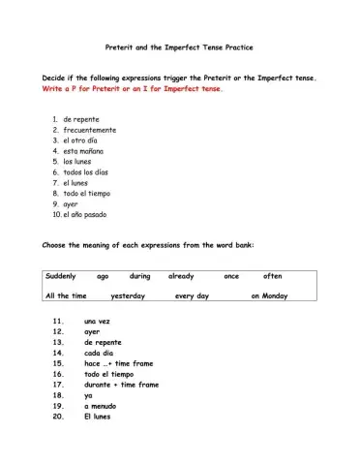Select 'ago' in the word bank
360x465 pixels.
click(x=103, y=276)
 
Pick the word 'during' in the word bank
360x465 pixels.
click(x=140, y=276)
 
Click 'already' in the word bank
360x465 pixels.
click(x=181, y=276)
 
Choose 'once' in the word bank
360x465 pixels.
click(x=231, y=276)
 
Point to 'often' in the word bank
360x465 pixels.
click(x=273, y=276)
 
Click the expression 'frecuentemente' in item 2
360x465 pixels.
click(x=90, y=130)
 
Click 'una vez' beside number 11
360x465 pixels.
click(x=98, y=321)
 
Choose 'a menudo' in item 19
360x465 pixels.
click(x=101, y=407)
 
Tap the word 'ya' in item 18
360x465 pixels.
click(x=88, y=396)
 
